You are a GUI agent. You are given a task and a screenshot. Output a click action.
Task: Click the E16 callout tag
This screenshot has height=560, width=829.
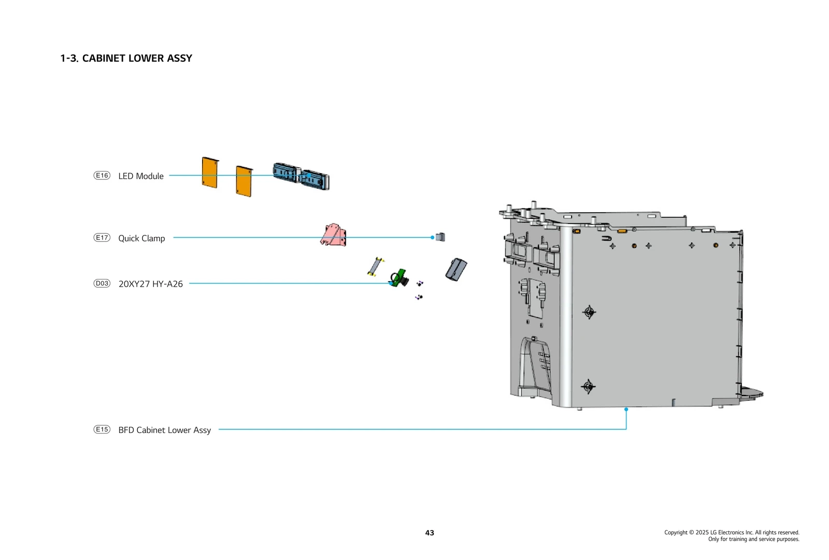pos(102,175)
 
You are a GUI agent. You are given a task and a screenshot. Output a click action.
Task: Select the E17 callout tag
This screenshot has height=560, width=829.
pos(102,237)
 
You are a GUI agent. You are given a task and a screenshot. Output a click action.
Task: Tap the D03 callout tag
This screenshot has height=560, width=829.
pos(102,283)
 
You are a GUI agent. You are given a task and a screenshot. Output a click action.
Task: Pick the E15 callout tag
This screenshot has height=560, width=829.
pos(102,429)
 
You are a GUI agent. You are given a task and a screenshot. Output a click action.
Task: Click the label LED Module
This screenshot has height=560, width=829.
pos(141,176)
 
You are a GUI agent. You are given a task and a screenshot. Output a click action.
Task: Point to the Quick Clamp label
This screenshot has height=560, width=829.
pos(141,239)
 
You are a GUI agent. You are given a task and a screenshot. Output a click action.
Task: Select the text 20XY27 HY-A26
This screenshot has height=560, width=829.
pos(150,284)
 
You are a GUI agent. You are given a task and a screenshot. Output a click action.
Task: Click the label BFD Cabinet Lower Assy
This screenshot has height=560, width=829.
pos(164,430)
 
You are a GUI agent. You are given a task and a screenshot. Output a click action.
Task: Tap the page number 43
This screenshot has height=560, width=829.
pos(430,533)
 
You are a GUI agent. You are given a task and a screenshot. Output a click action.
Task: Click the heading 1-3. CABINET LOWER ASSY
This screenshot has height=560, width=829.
pos(126,59)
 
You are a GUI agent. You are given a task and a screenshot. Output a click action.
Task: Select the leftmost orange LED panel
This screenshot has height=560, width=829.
pos(210,173)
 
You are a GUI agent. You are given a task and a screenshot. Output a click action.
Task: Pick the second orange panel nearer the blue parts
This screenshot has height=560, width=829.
pos(244,181)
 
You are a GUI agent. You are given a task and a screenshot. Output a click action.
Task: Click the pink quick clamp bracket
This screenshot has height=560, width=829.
pos(334,235)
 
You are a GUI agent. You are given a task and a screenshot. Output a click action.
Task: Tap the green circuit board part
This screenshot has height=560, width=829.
pos(398,278)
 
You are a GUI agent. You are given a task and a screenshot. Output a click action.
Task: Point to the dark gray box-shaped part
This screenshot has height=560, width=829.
pos(456,270)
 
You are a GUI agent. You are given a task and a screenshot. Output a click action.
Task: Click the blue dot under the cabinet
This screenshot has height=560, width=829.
pos(626,409)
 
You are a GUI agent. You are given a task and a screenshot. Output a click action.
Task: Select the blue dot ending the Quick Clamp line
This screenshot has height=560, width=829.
pos(432,237)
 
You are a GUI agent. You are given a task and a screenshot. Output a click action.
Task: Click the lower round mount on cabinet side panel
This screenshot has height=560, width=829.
pos(588,386)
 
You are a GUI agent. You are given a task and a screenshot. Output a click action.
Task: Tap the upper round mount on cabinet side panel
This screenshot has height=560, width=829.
pos(589,312)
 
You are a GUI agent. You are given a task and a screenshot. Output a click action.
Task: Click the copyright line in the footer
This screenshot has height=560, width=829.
pos(732,533)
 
